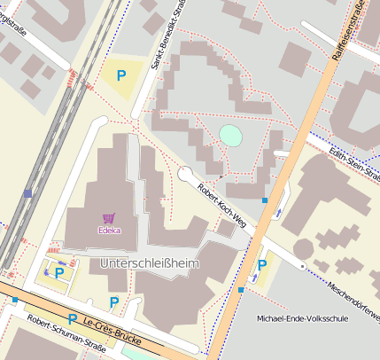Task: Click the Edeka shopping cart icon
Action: [x=109, y=217]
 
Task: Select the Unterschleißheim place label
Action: [x=150, y=264]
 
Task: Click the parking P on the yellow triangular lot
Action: [x=121, y=76]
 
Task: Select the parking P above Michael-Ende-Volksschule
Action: [x=262, y=264]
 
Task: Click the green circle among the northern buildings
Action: [x=229, y=136]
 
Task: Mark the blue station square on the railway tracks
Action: [x=28, y=192]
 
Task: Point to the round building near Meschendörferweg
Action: [x=303, y=248]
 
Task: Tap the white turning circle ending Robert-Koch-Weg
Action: [x=185, y=175]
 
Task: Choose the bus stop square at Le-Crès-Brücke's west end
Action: [x=15, y=301]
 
